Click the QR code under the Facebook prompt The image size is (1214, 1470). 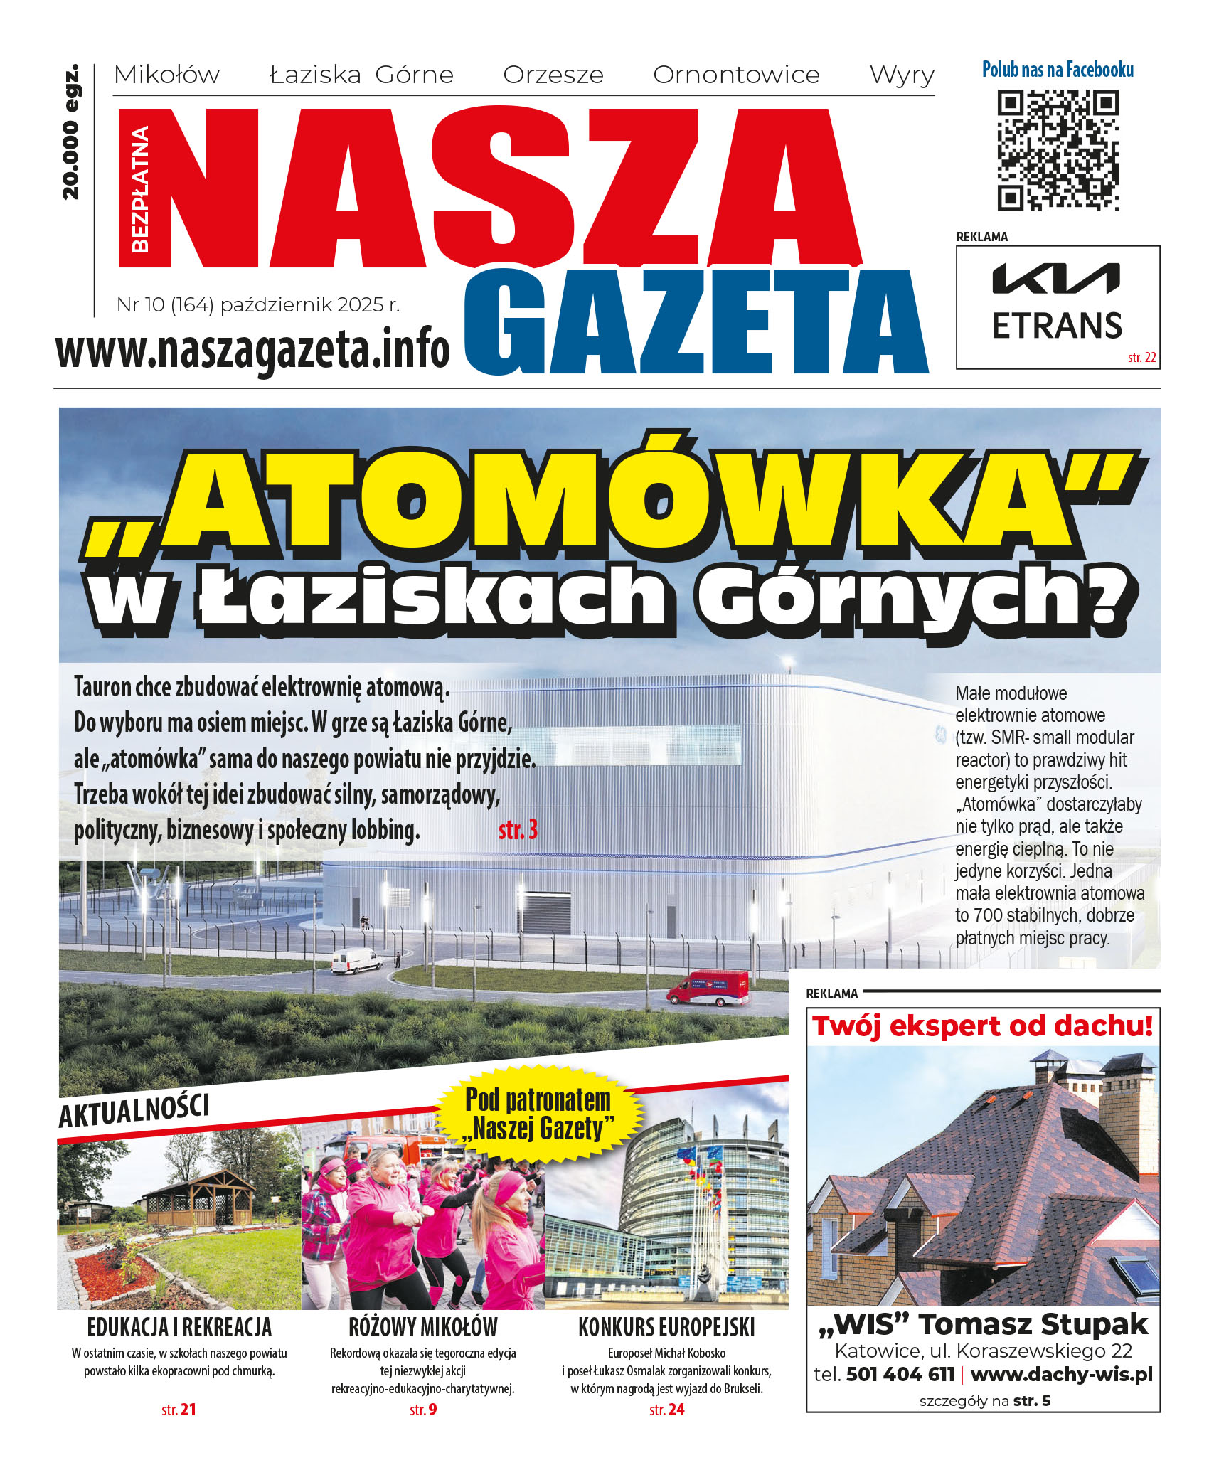point(1058,150)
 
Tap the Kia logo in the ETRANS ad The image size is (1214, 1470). point(1056,278)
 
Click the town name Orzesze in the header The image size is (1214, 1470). point(553,75)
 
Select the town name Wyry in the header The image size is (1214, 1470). point(902,75)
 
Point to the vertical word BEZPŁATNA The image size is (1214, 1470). point(140,189)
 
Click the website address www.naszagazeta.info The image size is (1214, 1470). point(252,350)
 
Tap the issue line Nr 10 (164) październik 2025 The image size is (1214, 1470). point(258,305)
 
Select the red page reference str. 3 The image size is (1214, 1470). point(518,830)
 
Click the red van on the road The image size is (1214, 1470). point(708,988)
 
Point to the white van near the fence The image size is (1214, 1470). point(356,961)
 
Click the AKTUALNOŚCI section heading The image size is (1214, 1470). point(134,1111)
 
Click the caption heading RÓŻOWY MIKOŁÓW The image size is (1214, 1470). point(423,1327)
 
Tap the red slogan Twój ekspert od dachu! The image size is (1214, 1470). point(982,1026)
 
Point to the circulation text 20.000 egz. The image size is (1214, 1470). point(71,133)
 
